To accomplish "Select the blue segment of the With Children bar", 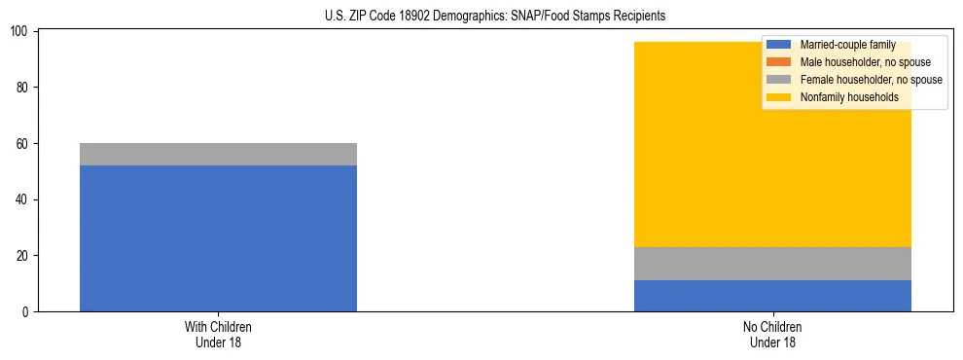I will (218, 238).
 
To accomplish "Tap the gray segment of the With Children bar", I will (218, 154).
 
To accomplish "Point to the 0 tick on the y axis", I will (27, 312).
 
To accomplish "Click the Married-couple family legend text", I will (847, 45).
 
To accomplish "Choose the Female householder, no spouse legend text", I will (871, 80).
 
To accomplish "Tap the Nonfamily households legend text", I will (849, 97).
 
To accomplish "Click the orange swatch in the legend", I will (779, 62).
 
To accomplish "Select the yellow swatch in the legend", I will (779, 97).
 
